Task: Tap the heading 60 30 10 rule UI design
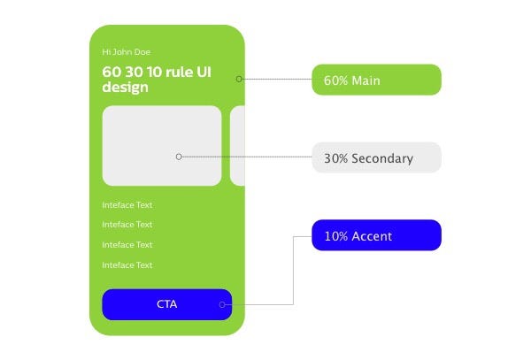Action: [x=157, y=79]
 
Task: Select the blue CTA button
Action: [x=166, y=304]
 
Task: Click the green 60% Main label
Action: [x=376, y=80]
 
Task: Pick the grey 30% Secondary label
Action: [x=376, y=158]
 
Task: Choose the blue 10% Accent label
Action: [x=376, y=235]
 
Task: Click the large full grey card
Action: [x=161, y=145]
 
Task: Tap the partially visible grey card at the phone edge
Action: [x=237, y=145]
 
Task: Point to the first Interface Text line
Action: [x=127, y=205]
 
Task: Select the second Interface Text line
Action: [x=127, y=225]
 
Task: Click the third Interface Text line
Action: [x=127, y=245]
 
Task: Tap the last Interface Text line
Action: [x=127, y=265]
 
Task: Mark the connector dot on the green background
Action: [x=239, y=79]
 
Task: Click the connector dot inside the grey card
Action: [x=179, y=157]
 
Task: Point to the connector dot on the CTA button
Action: [x=222, y=305]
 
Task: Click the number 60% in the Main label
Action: [x=335, y=80]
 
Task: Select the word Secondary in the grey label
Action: [x=382, y=159]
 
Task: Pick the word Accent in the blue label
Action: [x=372, y=236]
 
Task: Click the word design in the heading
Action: [x=125, y=88]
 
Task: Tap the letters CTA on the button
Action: [x=166, y=304]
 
